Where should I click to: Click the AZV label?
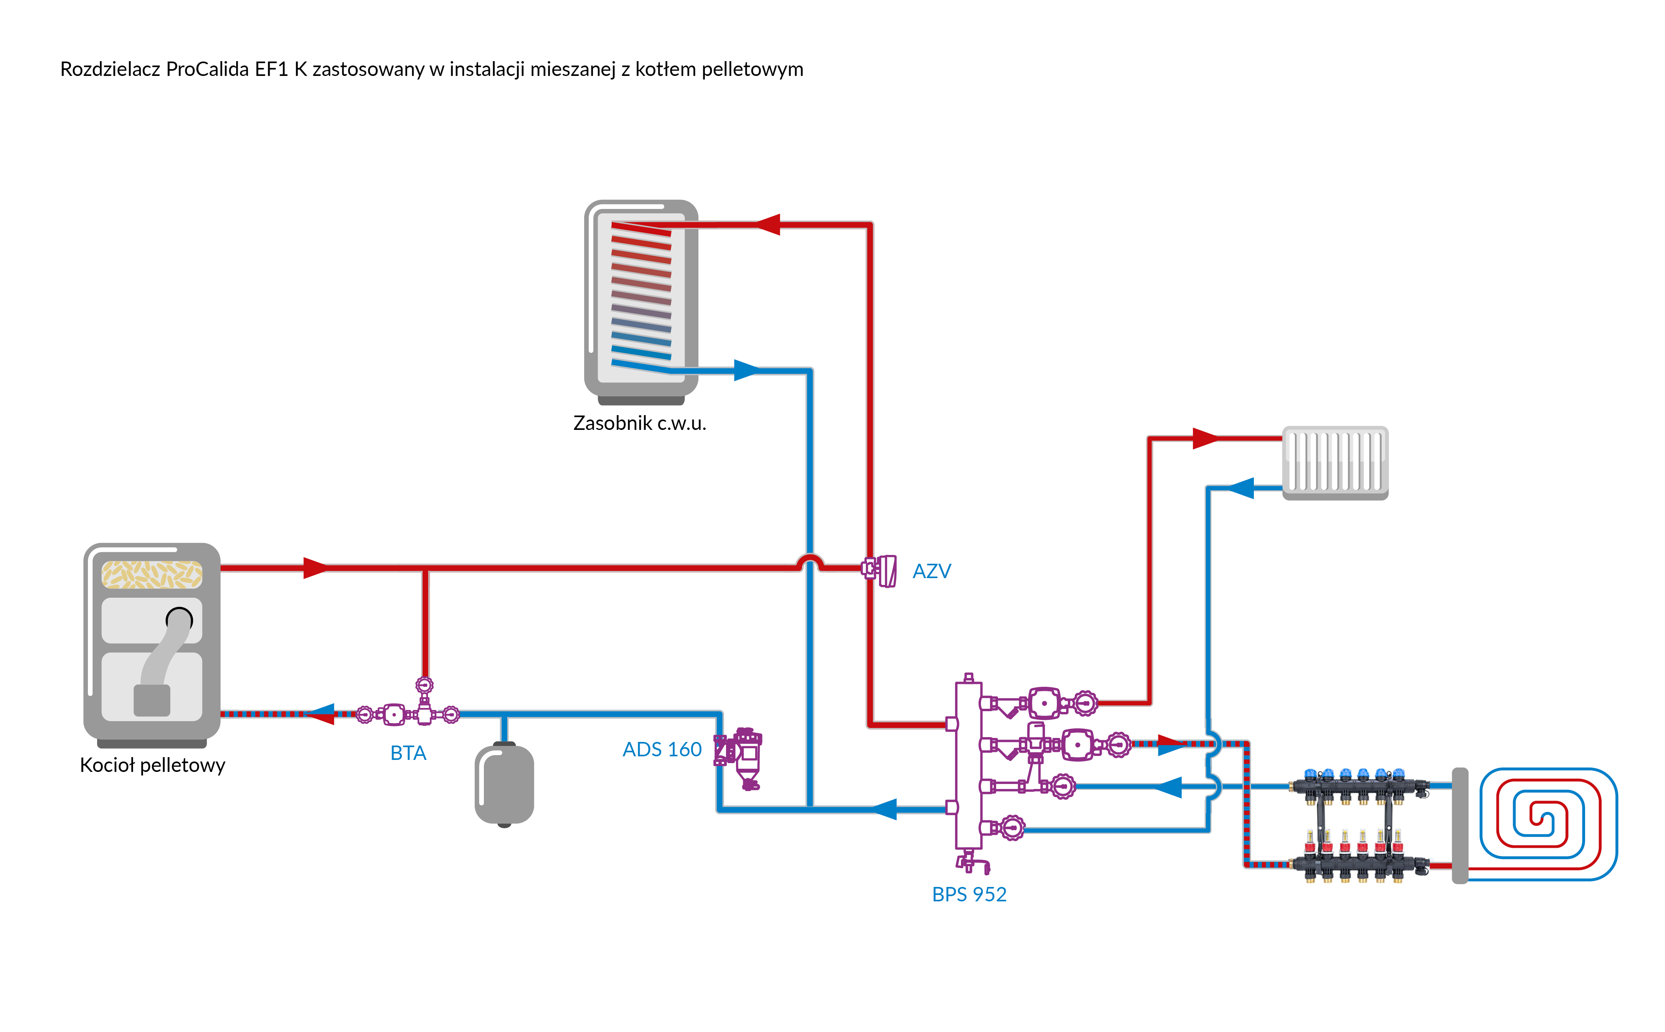931,571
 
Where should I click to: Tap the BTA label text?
408,753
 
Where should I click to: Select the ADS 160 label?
662,750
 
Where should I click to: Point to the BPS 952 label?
969,894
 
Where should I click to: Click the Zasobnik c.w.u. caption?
639,423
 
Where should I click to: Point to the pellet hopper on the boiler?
151,574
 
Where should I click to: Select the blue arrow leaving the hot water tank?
746,371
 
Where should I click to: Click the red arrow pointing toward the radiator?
1205,438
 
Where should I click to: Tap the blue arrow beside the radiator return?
1241,488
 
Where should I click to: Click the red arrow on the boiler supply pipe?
315,567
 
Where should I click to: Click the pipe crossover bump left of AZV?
810,561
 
